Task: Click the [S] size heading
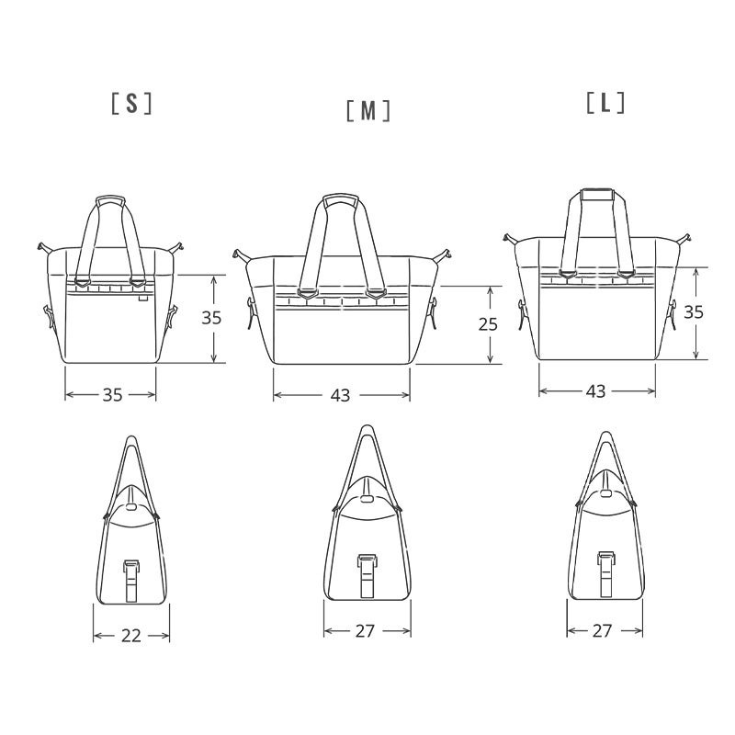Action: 131,103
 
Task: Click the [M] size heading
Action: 368,111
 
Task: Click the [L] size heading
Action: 605,102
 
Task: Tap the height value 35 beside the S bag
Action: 211,318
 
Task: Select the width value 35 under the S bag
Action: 112,395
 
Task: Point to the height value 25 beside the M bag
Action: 488,324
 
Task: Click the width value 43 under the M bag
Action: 340,396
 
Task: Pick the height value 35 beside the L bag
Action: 694,311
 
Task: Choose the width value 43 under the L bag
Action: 595,391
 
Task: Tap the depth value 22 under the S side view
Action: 131,636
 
